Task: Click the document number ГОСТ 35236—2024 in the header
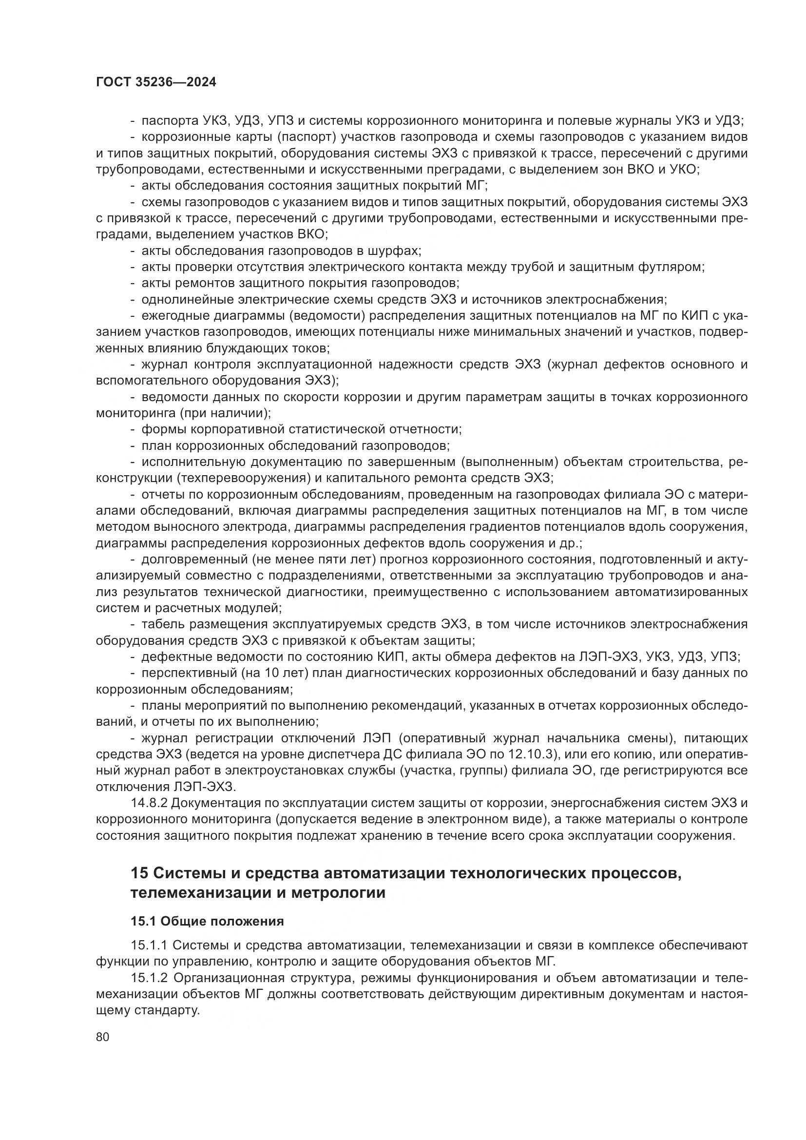(156, 82)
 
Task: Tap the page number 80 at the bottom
(103, 1037)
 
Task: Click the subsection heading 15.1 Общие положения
(207, 922)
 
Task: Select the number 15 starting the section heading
(139, 874)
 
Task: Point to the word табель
(161, 625)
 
